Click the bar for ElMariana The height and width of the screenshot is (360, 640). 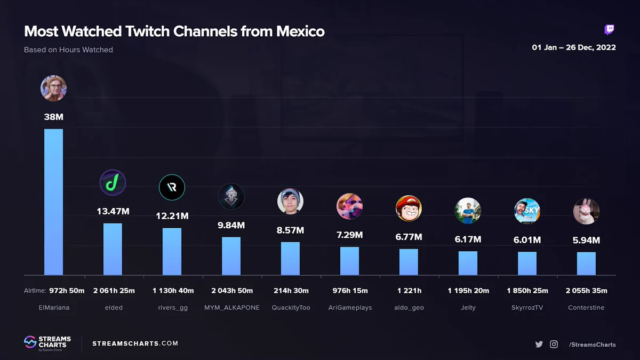(53, 202)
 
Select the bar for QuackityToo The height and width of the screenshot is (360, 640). (290, 259)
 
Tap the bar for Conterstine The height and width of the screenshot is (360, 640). (586, 263)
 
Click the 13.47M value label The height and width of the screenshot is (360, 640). (113, 211)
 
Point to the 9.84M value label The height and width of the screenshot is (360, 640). (231, 226)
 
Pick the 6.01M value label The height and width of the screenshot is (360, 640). (527, 240)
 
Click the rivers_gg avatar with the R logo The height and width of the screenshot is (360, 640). (172, 187)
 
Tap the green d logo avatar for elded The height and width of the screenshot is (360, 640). (113, 182)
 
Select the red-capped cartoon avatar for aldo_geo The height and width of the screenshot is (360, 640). (409, 209)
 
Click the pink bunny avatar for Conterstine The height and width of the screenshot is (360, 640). (586, 211)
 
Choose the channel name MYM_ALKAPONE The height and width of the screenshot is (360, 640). (232, 308)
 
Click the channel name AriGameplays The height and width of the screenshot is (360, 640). (350, 308)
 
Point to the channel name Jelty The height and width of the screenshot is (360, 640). (468, 308)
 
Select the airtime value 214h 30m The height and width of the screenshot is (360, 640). (291, 291)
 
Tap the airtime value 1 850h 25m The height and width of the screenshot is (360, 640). (527, 291)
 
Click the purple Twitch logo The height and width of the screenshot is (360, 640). (609, 30)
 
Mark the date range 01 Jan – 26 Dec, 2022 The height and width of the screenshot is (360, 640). (574, 47)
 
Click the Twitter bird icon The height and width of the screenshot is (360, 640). (539, 345)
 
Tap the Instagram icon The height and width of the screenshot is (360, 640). (554, 345)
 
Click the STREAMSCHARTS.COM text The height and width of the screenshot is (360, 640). (135, 343)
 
